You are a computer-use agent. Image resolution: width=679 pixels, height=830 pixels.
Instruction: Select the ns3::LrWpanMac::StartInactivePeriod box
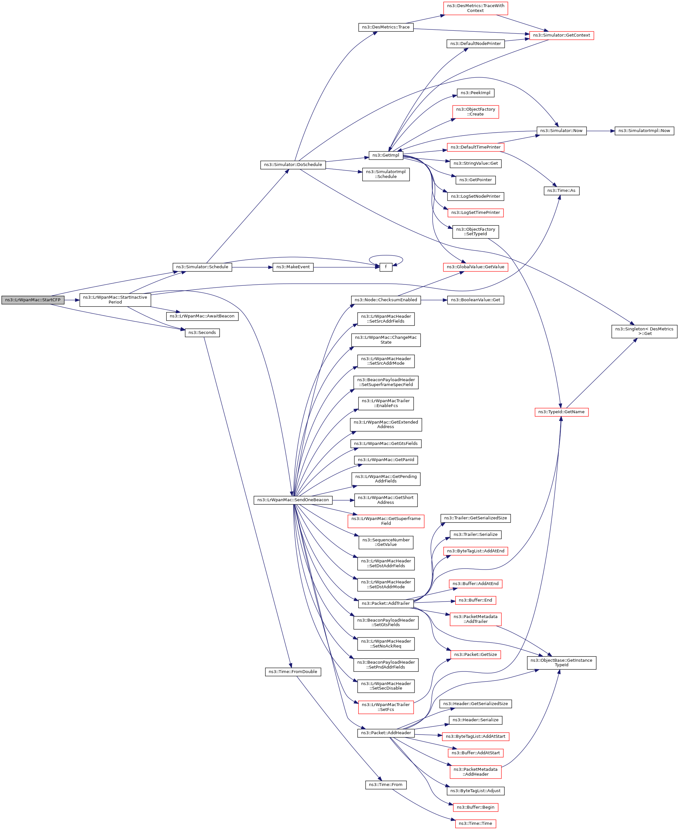pos(115,300)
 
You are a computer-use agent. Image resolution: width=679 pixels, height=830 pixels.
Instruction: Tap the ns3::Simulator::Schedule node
pos(202,267)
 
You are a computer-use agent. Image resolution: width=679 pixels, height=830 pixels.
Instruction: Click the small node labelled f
pos(386,267)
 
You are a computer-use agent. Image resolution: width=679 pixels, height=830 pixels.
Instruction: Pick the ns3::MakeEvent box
pos(293,267)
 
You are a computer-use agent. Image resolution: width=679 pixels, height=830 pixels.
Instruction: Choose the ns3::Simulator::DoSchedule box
pos(293,165)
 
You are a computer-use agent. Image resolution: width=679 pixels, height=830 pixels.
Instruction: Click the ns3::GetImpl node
pos(385,155)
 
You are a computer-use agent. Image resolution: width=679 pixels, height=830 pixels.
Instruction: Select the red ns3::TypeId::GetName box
pos(561,412)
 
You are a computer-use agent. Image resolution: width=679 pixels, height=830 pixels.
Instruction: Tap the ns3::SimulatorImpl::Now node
pos(644,131)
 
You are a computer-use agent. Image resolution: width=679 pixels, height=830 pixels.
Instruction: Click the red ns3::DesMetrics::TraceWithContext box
pos(475,8)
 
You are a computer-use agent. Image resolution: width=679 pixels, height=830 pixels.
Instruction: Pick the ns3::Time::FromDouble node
pos(293,671)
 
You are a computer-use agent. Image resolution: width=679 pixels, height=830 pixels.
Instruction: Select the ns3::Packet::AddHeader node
pos(386,733)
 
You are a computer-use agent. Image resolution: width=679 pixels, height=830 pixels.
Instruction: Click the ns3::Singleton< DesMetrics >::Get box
pos(644,331)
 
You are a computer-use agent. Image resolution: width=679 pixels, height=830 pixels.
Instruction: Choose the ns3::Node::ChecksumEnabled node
pos(386,300)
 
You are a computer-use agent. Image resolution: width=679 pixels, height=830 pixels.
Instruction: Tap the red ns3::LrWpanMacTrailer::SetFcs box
pos(386,707)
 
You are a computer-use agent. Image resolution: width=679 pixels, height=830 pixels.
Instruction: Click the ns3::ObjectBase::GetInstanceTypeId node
pos(561,662)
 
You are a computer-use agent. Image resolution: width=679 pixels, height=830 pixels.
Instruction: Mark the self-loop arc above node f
pos(386,256)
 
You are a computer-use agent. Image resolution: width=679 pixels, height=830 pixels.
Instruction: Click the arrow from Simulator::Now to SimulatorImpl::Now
pos(600,131)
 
